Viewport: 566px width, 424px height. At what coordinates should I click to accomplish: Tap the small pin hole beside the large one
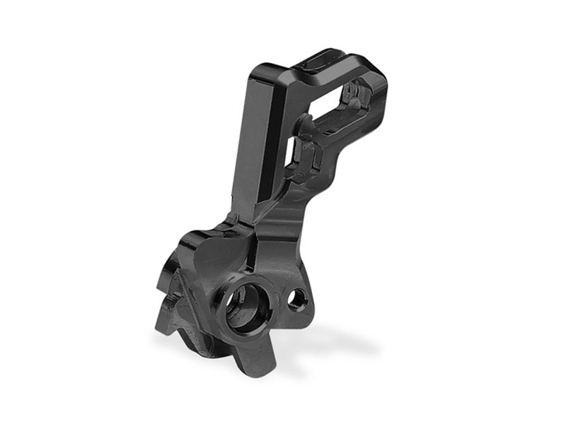(x=296, y=299)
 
